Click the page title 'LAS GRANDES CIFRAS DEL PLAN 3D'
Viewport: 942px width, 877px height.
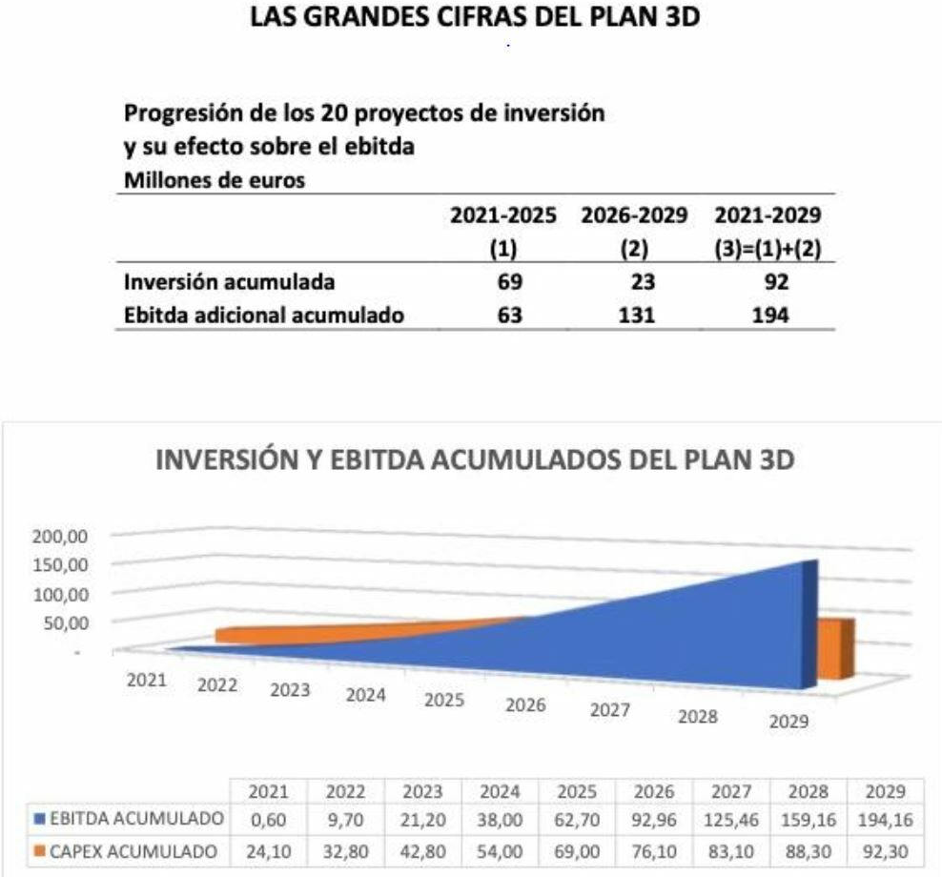pyautogui.click(x=474, y=18)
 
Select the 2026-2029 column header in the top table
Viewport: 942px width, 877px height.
pyautogui.click(x=634, y=216)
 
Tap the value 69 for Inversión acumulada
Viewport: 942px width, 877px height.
pyautogui.click(x=509, y=282)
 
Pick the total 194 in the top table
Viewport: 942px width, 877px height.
pyautogui.click(x=769, y=315)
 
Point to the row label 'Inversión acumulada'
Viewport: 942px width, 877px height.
pyautogui.click(x=229, y=282)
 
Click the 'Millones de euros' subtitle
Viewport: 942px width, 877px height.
pyautogui.click(x=215, y=181)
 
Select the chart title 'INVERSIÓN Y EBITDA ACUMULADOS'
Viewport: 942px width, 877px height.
pyautogui.click(x=475, y=460)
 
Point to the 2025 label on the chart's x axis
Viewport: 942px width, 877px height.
pyautogui.click(x=443, y=701)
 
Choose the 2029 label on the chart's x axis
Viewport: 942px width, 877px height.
pyautogui.click(x=788, y=722)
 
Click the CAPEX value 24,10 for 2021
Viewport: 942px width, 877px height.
pyautogui.click(x=269, y=851)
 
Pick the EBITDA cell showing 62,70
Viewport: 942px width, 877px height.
pyautogui.click(x=576, y=820)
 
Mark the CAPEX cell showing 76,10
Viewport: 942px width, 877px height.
pyautogui.click(x=653, y=851)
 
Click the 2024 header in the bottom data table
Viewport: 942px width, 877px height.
pyautogui.click(x=500, y=791)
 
